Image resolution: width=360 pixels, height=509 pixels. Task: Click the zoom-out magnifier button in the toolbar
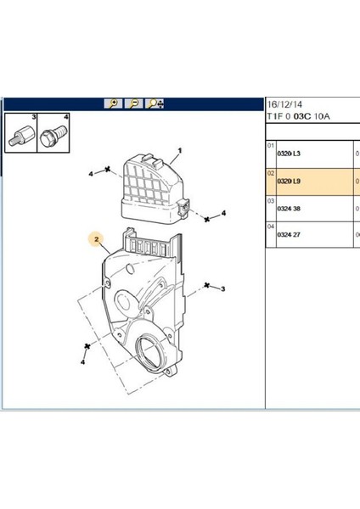tap(133, 103)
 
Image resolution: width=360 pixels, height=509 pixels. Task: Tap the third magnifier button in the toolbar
tap(155, 103)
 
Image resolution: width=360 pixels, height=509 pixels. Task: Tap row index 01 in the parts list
tap(271, 145)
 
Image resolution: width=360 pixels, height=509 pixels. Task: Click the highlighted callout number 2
tap(97, 239)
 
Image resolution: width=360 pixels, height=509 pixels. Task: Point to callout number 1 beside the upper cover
tap(180, 156)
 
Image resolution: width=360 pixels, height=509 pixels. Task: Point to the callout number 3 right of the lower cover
tap(222, 290)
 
